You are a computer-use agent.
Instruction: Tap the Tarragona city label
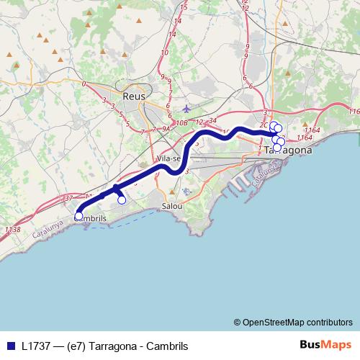pyautogui.click(x=288, y=150)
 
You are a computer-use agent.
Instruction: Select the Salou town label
pyautogui.click(x=173, y=205)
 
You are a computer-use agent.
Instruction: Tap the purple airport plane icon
pyautogui.click(x=188, y=109)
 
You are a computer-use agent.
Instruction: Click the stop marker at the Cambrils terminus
pyautogui.click(x=78, y=215)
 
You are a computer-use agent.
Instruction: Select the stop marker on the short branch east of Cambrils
pyautogui.click(x=122, y=200)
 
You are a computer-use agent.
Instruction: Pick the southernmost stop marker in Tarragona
pyautogui.click(x=278, y=147)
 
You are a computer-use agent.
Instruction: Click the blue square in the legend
pyautogui.click(x=11, y=346)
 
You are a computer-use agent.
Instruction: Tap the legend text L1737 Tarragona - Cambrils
pyautogui.click(x=105, y=346)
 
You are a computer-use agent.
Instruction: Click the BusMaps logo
pyautogui.click(x=325, y=346)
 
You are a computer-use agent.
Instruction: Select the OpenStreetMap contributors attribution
pyautogui.click(x=293, y=322)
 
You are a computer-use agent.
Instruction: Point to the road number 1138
pyautogui.click(x=12, y=230)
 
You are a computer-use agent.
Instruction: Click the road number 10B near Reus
pyautogui.click(x=181, y=122)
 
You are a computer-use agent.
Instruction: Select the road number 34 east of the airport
pyautogui.click(x=213, y=120)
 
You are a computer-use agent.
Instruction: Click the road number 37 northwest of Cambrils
pyautogui.click(x=68, y=197)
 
